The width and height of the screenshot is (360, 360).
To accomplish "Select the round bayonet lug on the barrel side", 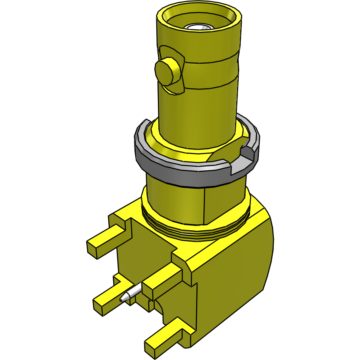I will click(166, 72).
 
